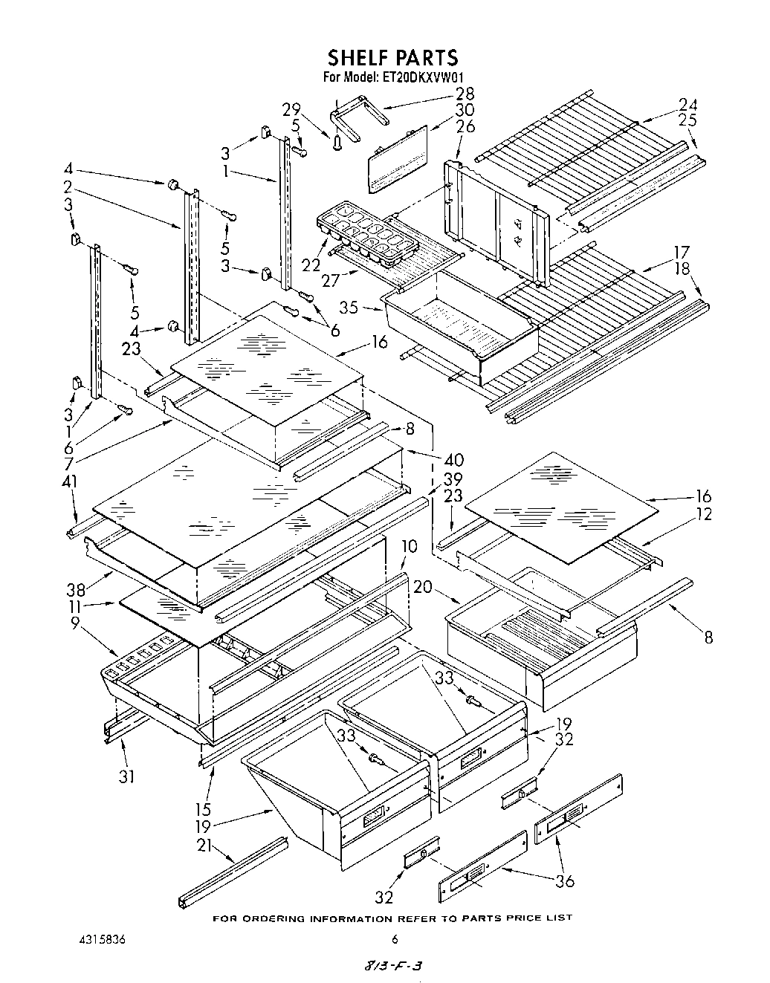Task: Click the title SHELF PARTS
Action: [x=393, y=57]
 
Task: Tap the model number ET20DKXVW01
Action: [x=424, y=77]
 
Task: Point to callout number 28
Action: [x=465, y=94]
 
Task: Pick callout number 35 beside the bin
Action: [x=348, y=305]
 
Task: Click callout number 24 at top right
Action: [x=687, y=104]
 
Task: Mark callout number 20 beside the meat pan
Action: [x=423, y=587]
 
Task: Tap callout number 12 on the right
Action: [x=703, y=513]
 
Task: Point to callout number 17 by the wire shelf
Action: [x=682, y=252]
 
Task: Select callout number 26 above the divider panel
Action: [x=465, y=126]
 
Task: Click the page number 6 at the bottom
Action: [x=395, y=938]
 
